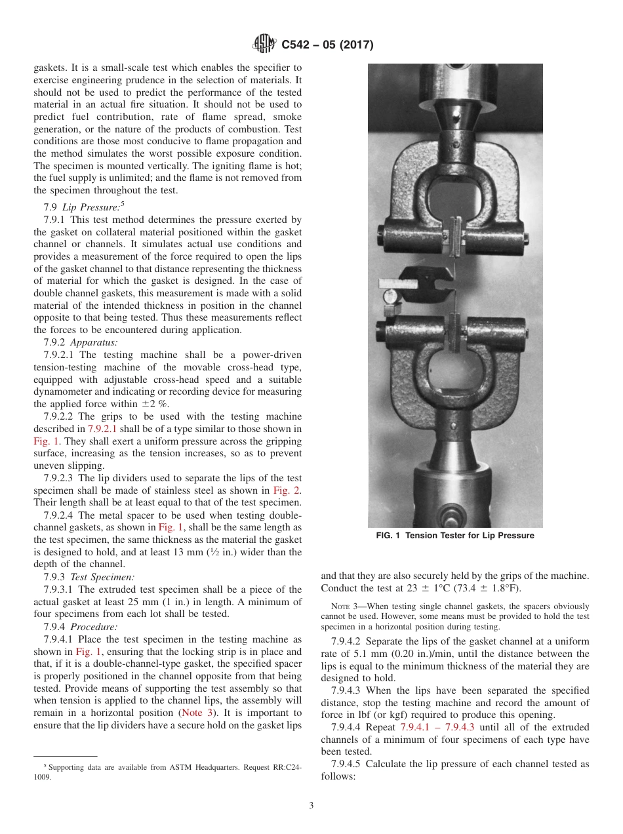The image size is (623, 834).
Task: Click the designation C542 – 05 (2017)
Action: (327, 45)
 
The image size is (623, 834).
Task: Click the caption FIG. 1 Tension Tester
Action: (454, 536)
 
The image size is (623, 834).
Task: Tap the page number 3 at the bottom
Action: (311, 806)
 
